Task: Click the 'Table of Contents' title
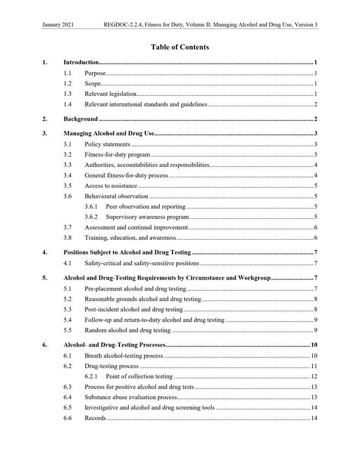179,47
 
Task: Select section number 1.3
68,94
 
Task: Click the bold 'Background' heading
80,119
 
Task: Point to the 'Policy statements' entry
107,144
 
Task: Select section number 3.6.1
91,206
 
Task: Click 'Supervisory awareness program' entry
147,217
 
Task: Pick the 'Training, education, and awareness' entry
130,238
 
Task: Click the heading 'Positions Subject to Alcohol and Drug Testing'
126,252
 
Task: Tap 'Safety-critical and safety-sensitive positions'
142,263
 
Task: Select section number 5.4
68,319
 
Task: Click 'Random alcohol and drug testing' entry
127,330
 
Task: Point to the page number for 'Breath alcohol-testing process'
314,355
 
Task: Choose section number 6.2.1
91,376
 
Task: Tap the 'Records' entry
95,418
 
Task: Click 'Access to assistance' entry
111,185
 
